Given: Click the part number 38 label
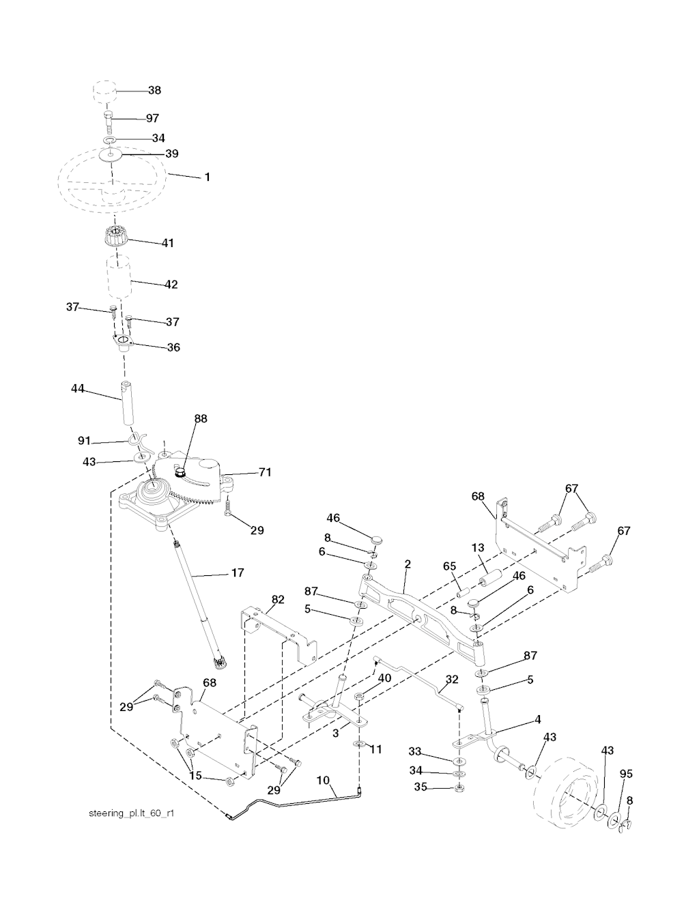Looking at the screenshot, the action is coord(154,90).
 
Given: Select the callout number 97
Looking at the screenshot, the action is coord(152,118).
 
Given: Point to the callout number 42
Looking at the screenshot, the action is coord(171,285).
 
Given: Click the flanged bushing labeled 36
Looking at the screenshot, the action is coord(123,343).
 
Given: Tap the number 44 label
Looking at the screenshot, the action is coord(77,388).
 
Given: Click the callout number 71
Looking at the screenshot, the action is coord(265,472).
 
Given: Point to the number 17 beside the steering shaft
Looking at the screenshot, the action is coord(238,573).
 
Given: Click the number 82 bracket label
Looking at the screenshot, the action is coord(278,599).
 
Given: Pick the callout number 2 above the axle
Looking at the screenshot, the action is coord(408,564).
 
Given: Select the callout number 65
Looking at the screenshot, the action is coord(449,566).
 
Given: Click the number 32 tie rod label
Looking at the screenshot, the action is coord(452,680).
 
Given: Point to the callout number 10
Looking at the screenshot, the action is coord(323,780).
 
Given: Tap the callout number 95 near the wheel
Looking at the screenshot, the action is coord(626,774).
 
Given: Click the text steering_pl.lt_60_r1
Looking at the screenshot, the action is coord(132,813).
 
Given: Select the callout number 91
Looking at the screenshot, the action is coord(84,441).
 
